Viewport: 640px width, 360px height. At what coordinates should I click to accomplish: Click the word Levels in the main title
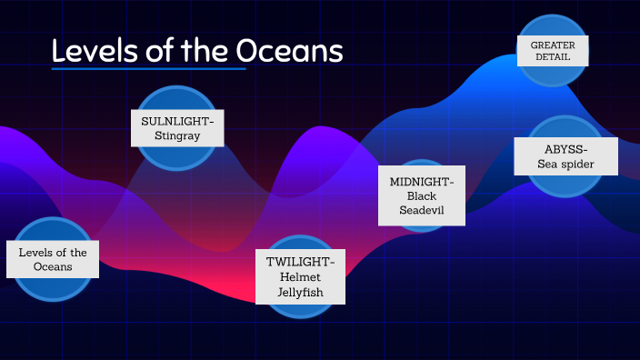89,50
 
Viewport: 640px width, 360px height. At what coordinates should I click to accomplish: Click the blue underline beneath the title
148,68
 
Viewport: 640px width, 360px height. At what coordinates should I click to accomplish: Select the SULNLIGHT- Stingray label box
177,128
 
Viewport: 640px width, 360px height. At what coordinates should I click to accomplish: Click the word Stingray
177,136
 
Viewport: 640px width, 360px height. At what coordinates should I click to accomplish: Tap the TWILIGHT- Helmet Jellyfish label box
300,277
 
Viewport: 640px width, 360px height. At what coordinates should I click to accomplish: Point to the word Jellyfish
300,293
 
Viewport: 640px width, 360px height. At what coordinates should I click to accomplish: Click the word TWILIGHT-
300,262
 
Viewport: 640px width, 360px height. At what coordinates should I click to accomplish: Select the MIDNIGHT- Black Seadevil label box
422,195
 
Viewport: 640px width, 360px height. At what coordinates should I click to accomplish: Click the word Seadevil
422,211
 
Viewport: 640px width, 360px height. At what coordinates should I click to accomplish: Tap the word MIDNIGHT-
422,181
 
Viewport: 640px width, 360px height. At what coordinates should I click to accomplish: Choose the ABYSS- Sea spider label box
565,156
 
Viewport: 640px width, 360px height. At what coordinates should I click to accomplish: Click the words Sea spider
565,165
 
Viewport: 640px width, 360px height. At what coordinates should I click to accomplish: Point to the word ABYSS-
565,148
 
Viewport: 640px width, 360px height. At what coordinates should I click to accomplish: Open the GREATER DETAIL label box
553,51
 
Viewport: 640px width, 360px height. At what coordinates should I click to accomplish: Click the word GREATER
553,45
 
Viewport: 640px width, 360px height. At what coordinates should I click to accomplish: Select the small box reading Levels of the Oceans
53,259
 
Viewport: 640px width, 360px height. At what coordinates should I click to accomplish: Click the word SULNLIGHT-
177,120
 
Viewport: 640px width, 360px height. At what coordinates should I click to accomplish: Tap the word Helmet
300,277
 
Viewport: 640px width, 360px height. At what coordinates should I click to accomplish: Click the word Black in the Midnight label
422,195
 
